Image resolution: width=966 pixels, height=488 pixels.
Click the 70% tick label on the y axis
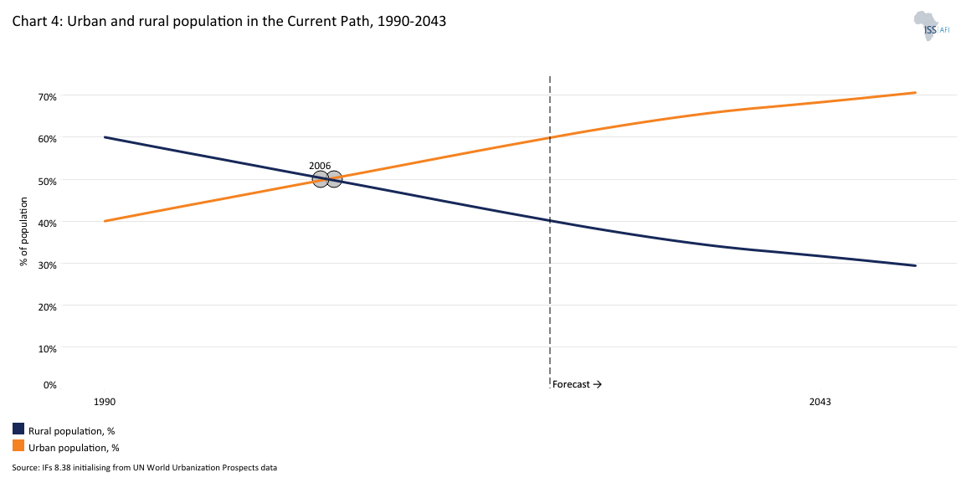(x=47, y=96)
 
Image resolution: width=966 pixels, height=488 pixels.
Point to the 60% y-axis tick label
(x=47, y=138)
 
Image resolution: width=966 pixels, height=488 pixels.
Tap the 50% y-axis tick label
(x=47, y=180)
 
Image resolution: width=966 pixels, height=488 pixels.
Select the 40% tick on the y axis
(x=47, y=222)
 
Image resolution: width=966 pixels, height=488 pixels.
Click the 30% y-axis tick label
(x=47, y=264)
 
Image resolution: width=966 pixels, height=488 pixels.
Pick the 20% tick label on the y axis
(x=47, y=306)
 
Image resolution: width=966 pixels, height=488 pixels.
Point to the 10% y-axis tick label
(x=47, y=348)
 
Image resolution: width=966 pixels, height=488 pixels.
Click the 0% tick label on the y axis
(x=49, y=385)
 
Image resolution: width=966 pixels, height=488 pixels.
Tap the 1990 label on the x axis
(x=105, y=402)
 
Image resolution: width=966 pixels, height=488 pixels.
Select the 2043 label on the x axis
(x=820, y=402)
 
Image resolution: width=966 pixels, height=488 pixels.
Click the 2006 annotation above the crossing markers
(x=320, y=166)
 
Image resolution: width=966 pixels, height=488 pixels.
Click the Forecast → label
(x=577, y=384)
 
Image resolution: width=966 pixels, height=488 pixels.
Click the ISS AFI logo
(x=931, y=27)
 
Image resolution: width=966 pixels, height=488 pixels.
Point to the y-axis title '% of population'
(x=24, y=232)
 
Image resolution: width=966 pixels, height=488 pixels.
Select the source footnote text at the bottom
(x=144, y=468)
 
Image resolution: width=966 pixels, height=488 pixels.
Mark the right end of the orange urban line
(x=916, y=93)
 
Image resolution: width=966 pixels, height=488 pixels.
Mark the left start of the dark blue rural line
(x=105, y=137)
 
